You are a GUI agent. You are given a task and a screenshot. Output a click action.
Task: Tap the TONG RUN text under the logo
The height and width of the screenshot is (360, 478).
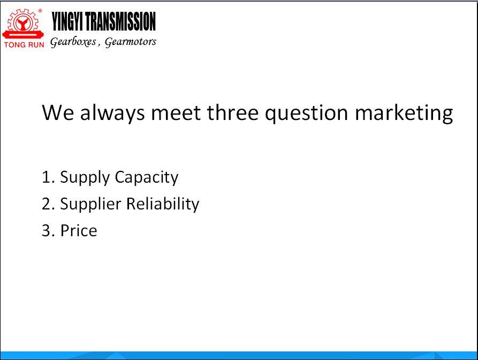[24, 45]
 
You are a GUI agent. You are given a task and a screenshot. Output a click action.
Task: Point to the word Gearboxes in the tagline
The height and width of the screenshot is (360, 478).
[73, 42]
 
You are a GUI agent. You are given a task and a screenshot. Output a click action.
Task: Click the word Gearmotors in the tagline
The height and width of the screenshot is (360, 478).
[131, 42]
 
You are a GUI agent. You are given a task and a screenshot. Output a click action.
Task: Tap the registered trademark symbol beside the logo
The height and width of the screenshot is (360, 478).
[40, 11]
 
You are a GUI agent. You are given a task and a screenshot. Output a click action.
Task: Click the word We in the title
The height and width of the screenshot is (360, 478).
[58, 112]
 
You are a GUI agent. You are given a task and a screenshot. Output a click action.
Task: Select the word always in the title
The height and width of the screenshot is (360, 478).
[112, 114]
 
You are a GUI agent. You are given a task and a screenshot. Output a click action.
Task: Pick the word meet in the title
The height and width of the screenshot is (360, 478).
[176, 113]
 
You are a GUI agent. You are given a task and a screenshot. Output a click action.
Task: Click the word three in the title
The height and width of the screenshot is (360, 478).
[233, 112]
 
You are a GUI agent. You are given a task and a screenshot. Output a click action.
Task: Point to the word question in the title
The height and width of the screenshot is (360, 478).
[306, 114]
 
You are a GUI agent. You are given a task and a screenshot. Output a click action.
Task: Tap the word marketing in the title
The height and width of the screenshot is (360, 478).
[404, 114]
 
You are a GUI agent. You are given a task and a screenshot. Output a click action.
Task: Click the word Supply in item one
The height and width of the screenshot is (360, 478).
[85, 178]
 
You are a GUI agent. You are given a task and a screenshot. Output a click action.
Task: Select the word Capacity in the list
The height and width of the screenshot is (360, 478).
[147, 178]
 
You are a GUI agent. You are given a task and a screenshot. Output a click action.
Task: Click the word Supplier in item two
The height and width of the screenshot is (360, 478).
[90, 205]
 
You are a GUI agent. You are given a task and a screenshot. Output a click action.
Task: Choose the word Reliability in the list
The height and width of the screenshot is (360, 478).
[163, 204]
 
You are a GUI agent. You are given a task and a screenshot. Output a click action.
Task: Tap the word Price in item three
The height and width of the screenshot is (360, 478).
[79, 231]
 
